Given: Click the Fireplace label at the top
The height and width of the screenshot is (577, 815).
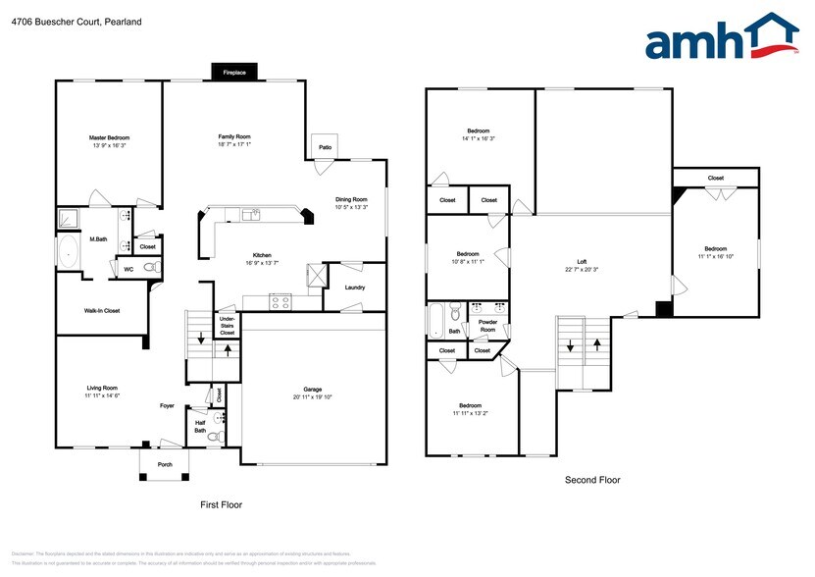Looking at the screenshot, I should [233, 73].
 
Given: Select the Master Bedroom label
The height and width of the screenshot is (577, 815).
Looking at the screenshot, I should [109, 137].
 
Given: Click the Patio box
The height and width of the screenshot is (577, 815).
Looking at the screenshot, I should [325, 146].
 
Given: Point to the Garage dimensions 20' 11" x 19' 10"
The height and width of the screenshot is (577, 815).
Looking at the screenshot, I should [313, 397].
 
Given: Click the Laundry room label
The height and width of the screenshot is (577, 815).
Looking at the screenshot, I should [355, 288].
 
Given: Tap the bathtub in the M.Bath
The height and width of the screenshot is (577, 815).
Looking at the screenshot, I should [70, 251].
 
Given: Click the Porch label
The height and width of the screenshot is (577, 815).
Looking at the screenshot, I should [165, 465].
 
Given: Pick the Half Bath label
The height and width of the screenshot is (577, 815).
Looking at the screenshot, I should [200, 427].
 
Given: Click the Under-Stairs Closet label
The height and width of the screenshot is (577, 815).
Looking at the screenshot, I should [227, 326].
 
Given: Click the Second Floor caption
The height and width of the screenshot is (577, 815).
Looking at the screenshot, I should [591, 480].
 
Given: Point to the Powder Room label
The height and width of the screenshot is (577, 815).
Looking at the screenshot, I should [487, 326].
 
